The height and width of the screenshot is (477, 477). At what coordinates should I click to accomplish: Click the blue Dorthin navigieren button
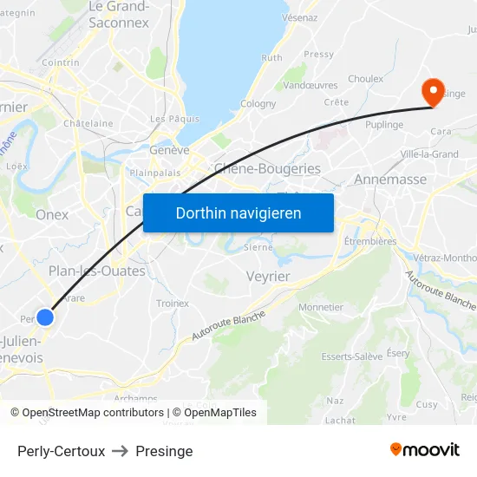point(238,212)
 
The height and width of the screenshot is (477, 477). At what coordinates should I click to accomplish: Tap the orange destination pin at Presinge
point(431,92)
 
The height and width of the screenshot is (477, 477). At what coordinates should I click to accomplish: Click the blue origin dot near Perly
point(45,317)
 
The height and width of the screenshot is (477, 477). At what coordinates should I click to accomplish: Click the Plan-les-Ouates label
point(97,271)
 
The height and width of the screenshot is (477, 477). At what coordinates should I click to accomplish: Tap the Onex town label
point(52,214)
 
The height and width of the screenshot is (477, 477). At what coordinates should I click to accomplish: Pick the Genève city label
point(169,149)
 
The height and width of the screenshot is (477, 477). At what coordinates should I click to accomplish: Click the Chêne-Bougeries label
point(267,168)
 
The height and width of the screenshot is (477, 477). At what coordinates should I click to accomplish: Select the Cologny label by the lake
point(258,104)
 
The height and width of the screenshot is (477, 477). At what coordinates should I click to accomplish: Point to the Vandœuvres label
point(310,85)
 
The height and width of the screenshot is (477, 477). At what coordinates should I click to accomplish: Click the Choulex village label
point(365,79)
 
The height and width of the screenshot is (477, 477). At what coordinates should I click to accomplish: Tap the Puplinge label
point(384,125)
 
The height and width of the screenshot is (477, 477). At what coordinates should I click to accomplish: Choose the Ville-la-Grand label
point(429,154)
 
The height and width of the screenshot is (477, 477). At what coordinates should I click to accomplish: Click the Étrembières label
point(370,241)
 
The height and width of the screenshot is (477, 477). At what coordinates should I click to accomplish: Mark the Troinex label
point(173,304)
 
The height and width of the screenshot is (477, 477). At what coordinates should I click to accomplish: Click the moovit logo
point(425,449)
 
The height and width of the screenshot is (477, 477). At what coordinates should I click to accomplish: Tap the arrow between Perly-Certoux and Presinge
point(121,451)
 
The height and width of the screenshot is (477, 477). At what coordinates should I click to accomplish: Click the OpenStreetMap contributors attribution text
point(93,413)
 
